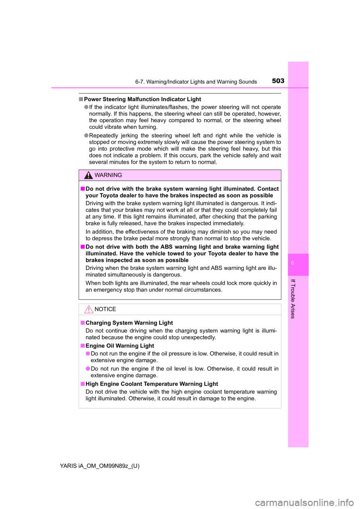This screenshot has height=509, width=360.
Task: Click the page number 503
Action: click(x=278, y=81)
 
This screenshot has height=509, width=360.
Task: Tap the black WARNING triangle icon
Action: click(x=88, y=175)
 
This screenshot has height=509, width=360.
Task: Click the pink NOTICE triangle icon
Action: click(x=88, y=310)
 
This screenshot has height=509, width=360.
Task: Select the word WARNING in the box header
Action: click(x=108, y=175)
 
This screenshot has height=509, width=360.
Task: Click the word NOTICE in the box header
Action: click(x=105, y=309)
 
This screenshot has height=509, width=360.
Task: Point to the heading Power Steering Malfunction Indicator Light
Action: click(x=142, y=99)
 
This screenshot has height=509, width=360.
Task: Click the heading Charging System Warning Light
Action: click(x=129, y=323)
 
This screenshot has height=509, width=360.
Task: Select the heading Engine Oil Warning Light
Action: click(x=120, y=346)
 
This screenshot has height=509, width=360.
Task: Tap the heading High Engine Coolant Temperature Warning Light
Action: click(x=151, y=384)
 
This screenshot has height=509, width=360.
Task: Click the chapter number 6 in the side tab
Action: click(x=292, y=263)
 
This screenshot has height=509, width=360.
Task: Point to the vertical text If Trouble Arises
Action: click(x=293, y=299)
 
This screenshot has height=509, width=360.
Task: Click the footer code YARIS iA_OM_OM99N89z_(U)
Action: click(x=100, y=466)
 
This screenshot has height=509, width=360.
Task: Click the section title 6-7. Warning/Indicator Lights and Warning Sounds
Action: click(x=196, y=82)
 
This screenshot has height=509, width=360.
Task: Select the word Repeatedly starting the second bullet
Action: click(x=102, y=136)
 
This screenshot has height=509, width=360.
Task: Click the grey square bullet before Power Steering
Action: click(x=81, y=99)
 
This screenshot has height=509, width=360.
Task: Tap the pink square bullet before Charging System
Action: click(x=82, y=323)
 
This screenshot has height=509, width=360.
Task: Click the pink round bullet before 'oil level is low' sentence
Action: click(x=88, y=369)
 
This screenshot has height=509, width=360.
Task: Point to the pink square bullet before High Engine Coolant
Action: click(x=82, y=384)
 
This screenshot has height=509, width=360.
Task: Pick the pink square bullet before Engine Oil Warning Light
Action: click(x=82, y=346)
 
